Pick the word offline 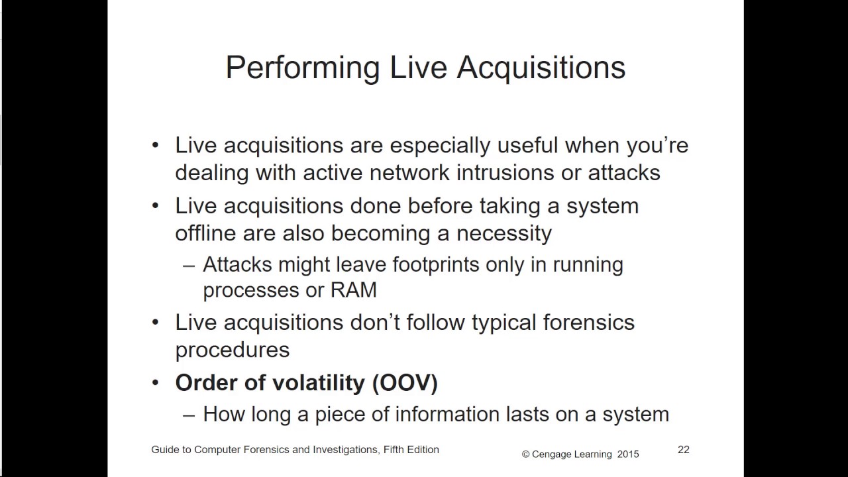(x=205, y=233)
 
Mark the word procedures (x=232, y=350)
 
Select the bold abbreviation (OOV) (x=405, y=383)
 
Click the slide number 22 (x=683, y=450)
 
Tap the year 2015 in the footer (x=628, y=454)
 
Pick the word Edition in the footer (x=421, y=450)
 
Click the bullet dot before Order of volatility (x=156, y=383)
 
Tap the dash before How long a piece (x=189, y=414)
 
